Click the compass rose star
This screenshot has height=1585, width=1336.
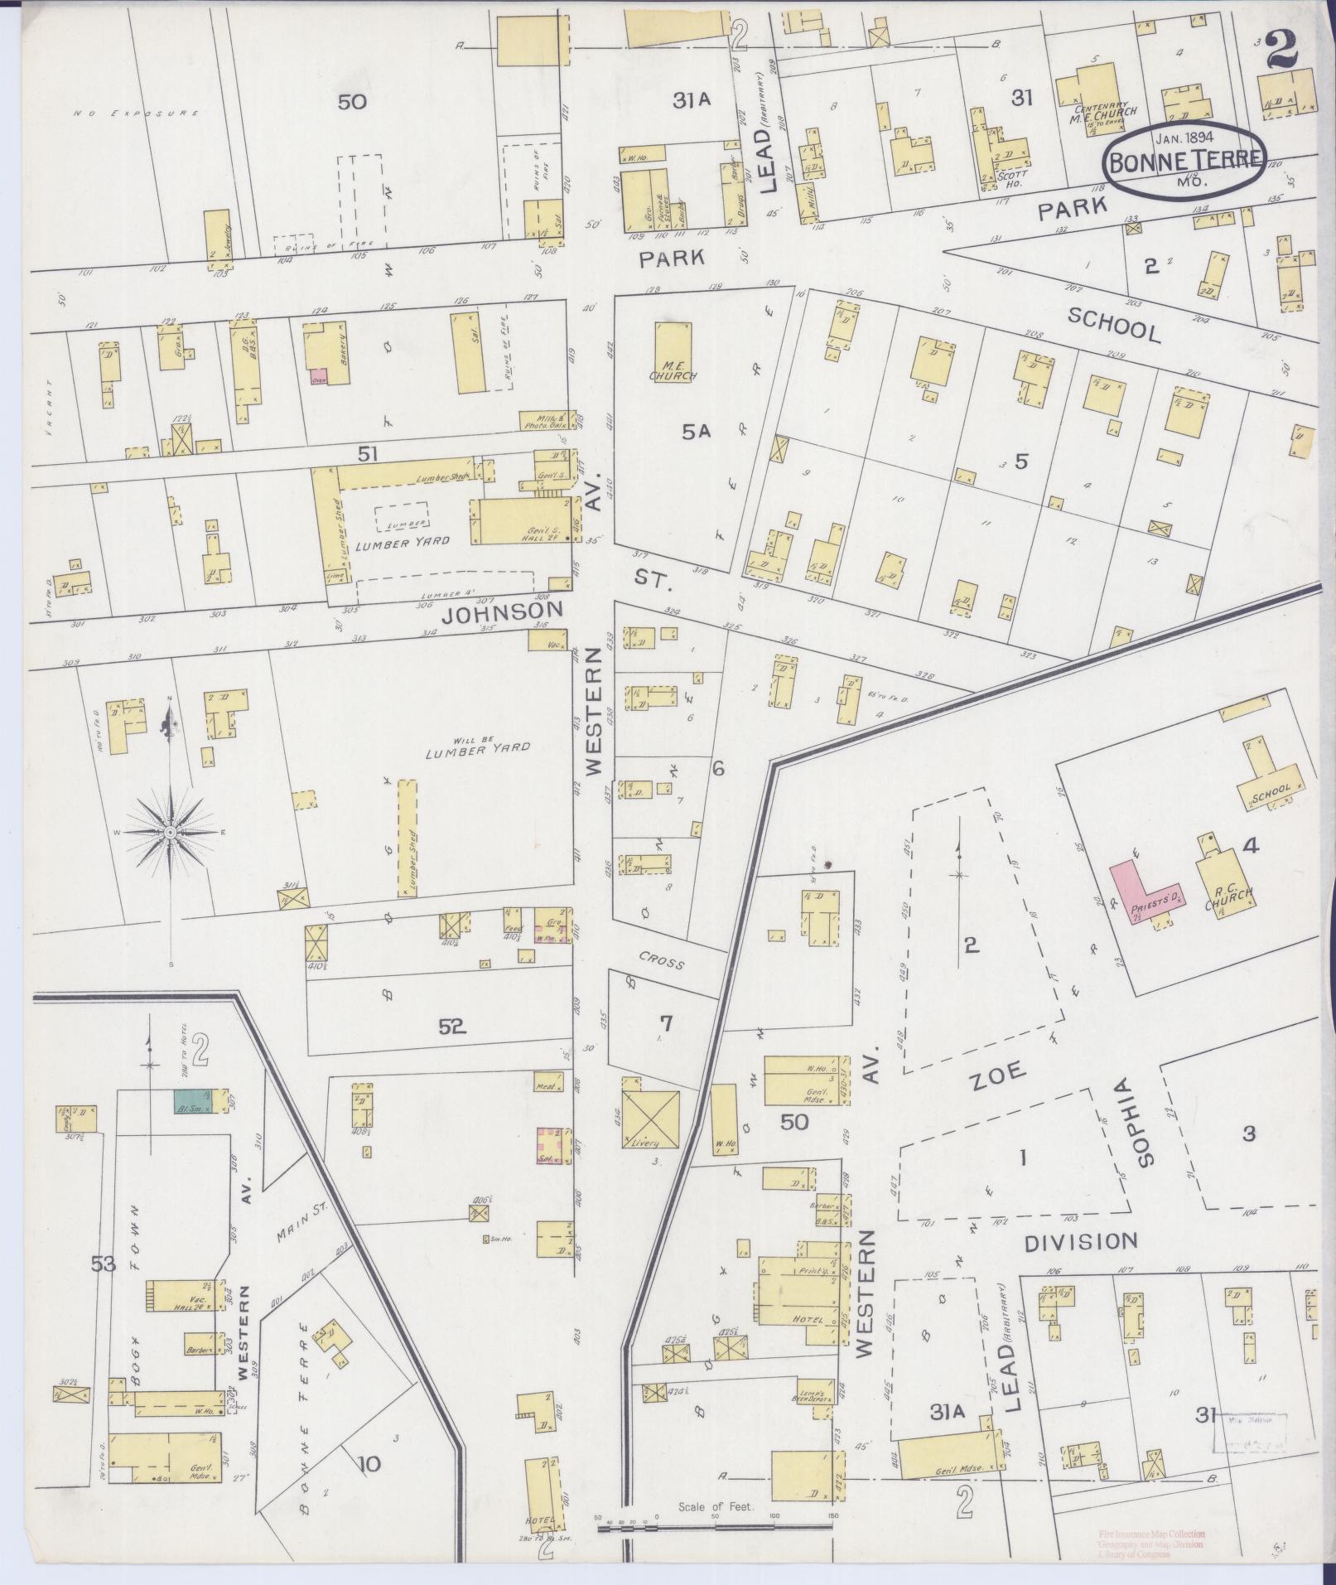tap(170, 831)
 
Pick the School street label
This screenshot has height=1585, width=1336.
tap(1113, 325)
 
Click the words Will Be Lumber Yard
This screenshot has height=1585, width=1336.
tap(477, 748)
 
